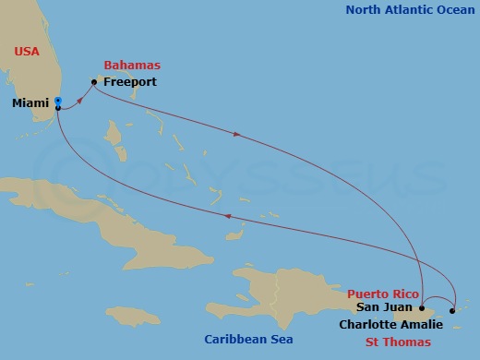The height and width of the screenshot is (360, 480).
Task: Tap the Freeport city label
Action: [130, 82]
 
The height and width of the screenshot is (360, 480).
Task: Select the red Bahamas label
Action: [132, 66]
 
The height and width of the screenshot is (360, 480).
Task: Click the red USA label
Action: [27, 51]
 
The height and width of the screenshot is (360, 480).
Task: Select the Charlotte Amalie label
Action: [390, 324]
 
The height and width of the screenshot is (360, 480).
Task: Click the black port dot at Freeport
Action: [94, 82]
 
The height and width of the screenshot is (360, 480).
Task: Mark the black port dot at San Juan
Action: [422, 308]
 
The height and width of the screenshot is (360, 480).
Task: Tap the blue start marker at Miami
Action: [58, 101]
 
